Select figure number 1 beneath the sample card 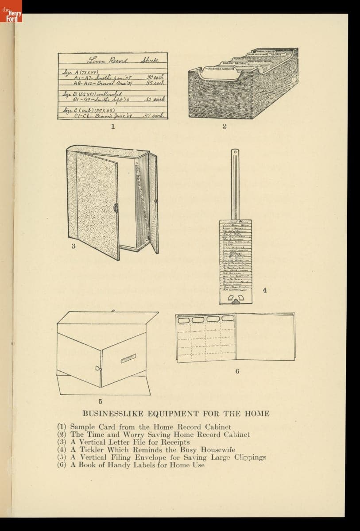point(113,127)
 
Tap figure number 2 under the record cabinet point(225,127)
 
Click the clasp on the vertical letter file point(116,208)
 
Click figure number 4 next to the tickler point(264,291)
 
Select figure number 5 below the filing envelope point(101,402)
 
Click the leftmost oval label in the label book point(184,319)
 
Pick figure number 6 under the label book point(237,371)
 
